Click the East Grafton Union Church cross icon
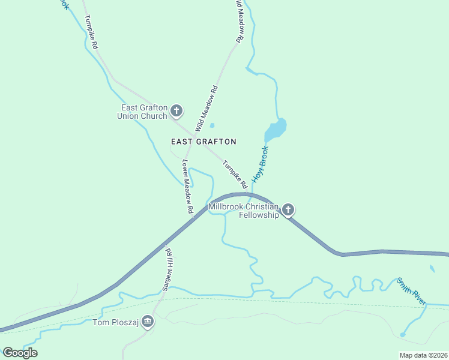[x=176, y=110]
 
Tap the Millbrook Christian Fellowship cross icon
[x=288, y=209]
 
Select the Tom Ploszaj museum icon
[x=148, y=322]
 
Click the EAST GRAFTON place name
[x=203, y=142]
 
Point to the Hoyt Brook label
[x=260, y=164]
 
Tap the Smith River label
[x=411, y=291]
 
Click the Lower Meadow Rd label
[x=187, y=187]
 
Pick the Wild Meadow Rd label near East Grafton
[x=206, y=109]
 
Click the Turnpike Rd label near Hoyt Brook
[x=235, y=174]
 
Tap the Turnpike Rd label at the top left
[x=91, y=32]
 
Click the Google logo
[x=20, y=353]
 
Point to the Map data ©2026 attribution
[x=423, y=355]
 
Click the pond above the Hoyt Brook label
[x=276, y=129]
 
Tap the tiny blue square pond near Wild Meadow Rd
[x=212, y=125]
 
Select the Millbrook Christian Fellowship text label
[x=244, y=211]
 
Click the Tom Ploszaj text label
[x=115, y=323]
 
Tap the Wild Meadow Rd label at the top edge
[x=240, y=21]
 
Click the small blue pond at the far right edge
[x=432, y=268]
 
